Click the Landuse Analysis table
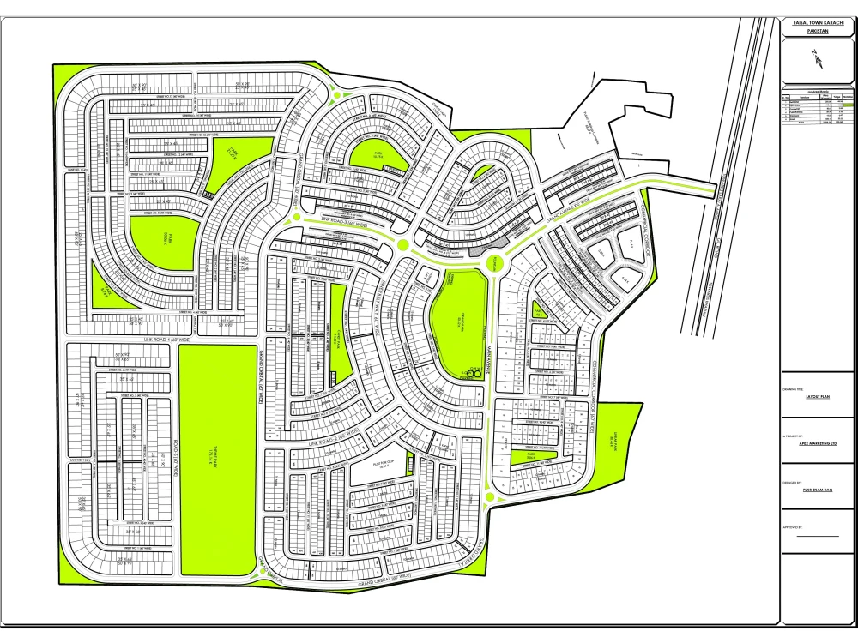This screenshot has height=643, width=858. pyautogui.click(x=818, y=106)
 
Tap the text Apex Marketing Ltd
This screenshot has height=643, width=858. pyautogui.click(x=818, y=443)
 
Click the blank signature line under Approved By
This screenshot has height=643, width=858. pyautogui.click(x=818, y=536)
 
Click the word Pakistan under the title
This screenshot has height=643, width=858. pyautogui.click(x=818, y=31)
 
